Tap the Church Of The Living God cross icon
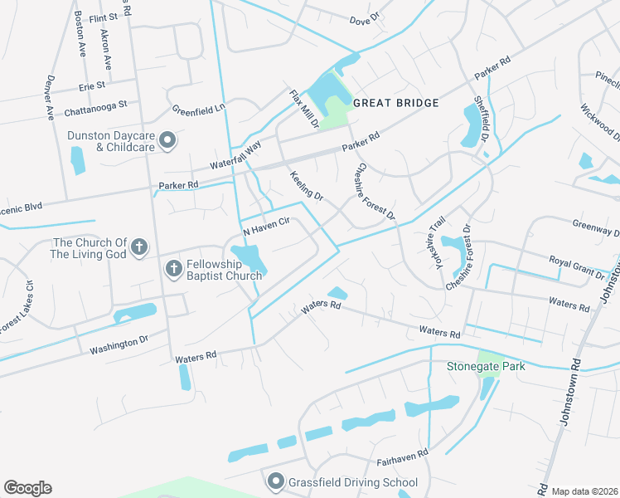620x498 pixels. point(139,247)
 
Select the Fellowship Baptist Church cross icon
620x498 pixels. point(173,268)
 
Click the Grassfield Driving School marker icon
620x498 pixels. point(275,481)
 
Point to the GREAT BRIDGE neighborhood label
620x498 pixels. point(395,104)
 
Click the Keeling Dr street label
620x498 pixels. point(306,184)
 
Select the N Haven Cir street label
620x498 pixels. point(265,225)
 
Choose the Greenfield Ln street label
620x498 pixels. point(199,109)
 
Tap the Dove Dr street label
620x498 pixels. point(364,17)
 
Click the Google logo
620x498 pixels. point(27,488)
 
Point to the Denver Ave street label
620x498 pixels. point(50,97)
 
